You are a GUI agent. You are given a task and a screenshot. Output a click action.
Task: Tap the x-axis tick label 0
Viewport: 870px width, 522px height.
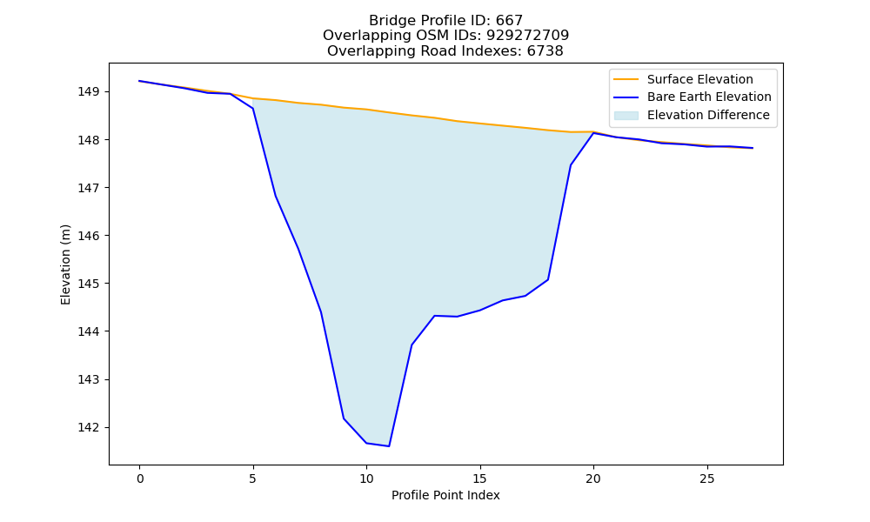tap(140, 478)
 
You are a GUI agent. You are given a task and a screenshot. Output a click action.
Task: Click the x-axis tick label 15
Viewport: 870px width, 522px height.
tap(480, 478)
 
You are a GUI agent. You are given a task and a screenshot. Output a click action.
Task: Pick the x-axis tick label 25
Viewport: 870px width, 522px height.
tap(706, 478)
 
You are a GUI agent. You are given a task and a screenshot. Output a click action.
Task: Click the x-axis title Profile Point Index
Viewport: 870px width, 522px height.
tap(445, 495)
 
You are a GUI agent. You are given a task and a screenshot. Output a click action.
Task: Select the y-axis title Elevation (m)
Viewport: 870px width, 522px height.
tap(65, 264)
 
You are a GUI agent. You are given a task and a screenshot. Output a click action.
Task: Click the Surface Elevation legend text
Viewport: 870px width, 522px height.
tap(699, 79)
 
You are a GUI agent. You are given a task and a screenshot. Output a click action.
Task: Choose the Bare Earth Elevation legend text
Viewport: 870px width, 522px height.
tap(709, 97)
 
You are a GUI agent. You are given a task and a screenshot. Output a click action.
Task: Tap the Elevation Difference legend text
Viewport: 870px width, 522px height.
tap(708, 115)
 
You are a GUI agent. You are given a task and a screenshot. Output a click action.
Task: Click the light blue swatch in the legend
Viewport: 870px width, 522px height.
tap(626, 115)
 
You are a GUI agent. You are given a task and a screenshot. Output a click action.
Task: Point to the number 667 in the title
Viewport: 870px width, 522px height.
tap(509, 21)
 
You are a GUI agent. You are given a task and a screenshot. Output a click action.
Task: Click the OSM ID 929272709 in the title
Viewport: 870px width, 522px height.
tap(528, 36)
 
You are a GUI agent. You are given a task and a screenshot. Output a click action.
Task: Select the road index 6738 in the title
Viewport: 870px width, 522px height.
tap(545, 51)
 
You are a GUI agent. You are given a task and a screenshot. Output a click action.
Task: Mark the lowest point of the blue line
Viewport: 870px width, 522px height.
tap(389, 446)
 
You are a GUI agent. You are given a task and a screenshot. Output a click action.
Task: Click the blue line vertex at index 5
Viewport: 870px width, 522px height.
tap(253, 108)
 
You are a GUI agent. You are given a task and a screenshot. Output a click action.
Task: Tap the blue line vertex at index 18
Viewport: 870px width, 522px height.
tap(548, 279)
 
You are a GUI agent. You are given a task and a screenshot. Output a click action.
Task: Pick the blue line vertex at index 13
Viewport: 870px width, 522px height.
tap(434, 316)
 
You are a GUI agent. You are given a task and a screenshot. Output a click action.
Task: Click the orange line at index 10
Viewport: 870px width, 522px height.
tap(366, 110)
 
